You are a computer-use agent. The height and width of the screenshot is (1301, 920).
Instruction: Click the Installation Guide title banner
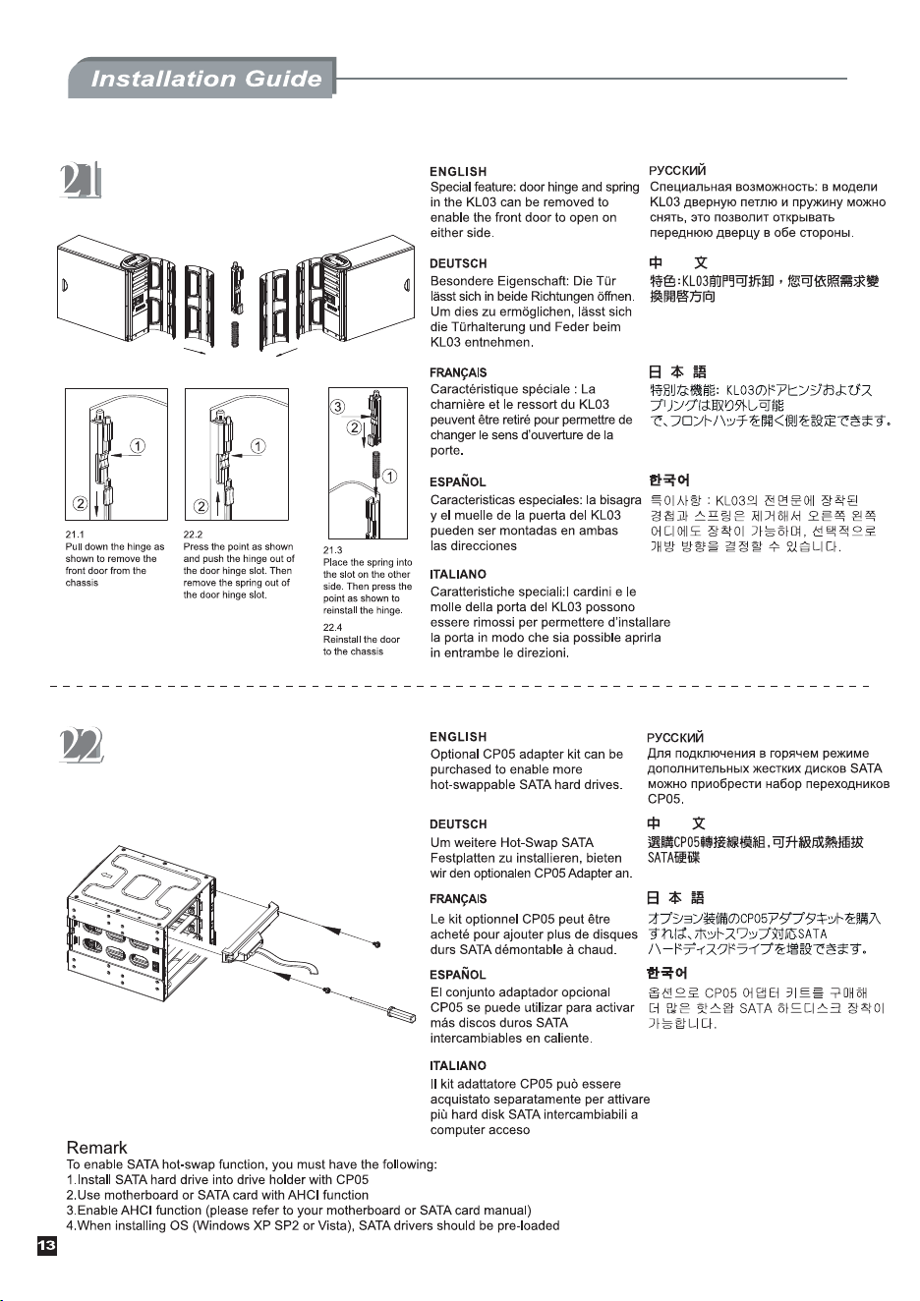point(201,78)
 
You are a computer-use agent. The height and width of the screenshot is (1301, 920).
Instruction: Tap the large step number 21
point(81,181)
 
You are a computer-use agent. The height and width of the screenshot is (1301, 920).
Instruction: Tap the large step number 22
point(81,745)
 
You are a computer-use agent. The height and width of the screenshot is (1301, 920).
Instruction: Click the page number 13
point(47,1245)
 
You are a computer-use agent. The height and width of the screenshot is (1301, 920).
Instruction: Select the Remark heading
point(96,1147)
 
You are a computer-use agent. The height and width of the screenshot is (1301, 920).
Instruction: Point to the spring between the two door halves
point(235,333)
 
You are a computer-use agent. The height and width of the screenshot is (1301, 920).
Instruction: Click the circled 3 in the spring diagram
point(337,407)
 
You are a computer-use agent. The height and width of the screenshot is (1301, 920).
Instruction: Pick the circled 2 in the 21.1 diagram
point(81,503)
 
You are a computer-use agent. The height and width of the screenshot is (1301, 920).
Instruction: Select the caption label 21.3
point(333,550)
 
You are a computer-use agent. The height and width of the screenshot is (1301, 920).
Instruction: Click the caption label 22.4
point(333,627)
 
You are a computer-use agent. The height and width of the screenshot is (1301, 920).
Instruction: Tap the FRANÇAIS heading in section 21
point(458,372)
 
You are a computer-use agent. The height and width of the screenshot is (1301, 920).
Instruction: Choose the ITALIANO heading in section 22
point(458,1066)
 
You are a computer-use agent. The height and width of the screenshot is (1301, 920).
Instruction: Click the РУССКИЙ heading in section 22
point(675,738)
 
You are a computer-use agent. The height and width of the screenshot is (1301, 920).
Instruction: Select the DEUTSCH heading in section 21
point(458,263)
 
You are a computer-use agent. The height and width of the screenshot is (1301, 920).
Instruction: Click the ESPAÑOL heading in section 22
point(458,974)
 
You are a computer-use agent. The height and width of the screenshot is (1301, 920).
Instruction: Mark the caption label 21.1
point(75,535)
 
